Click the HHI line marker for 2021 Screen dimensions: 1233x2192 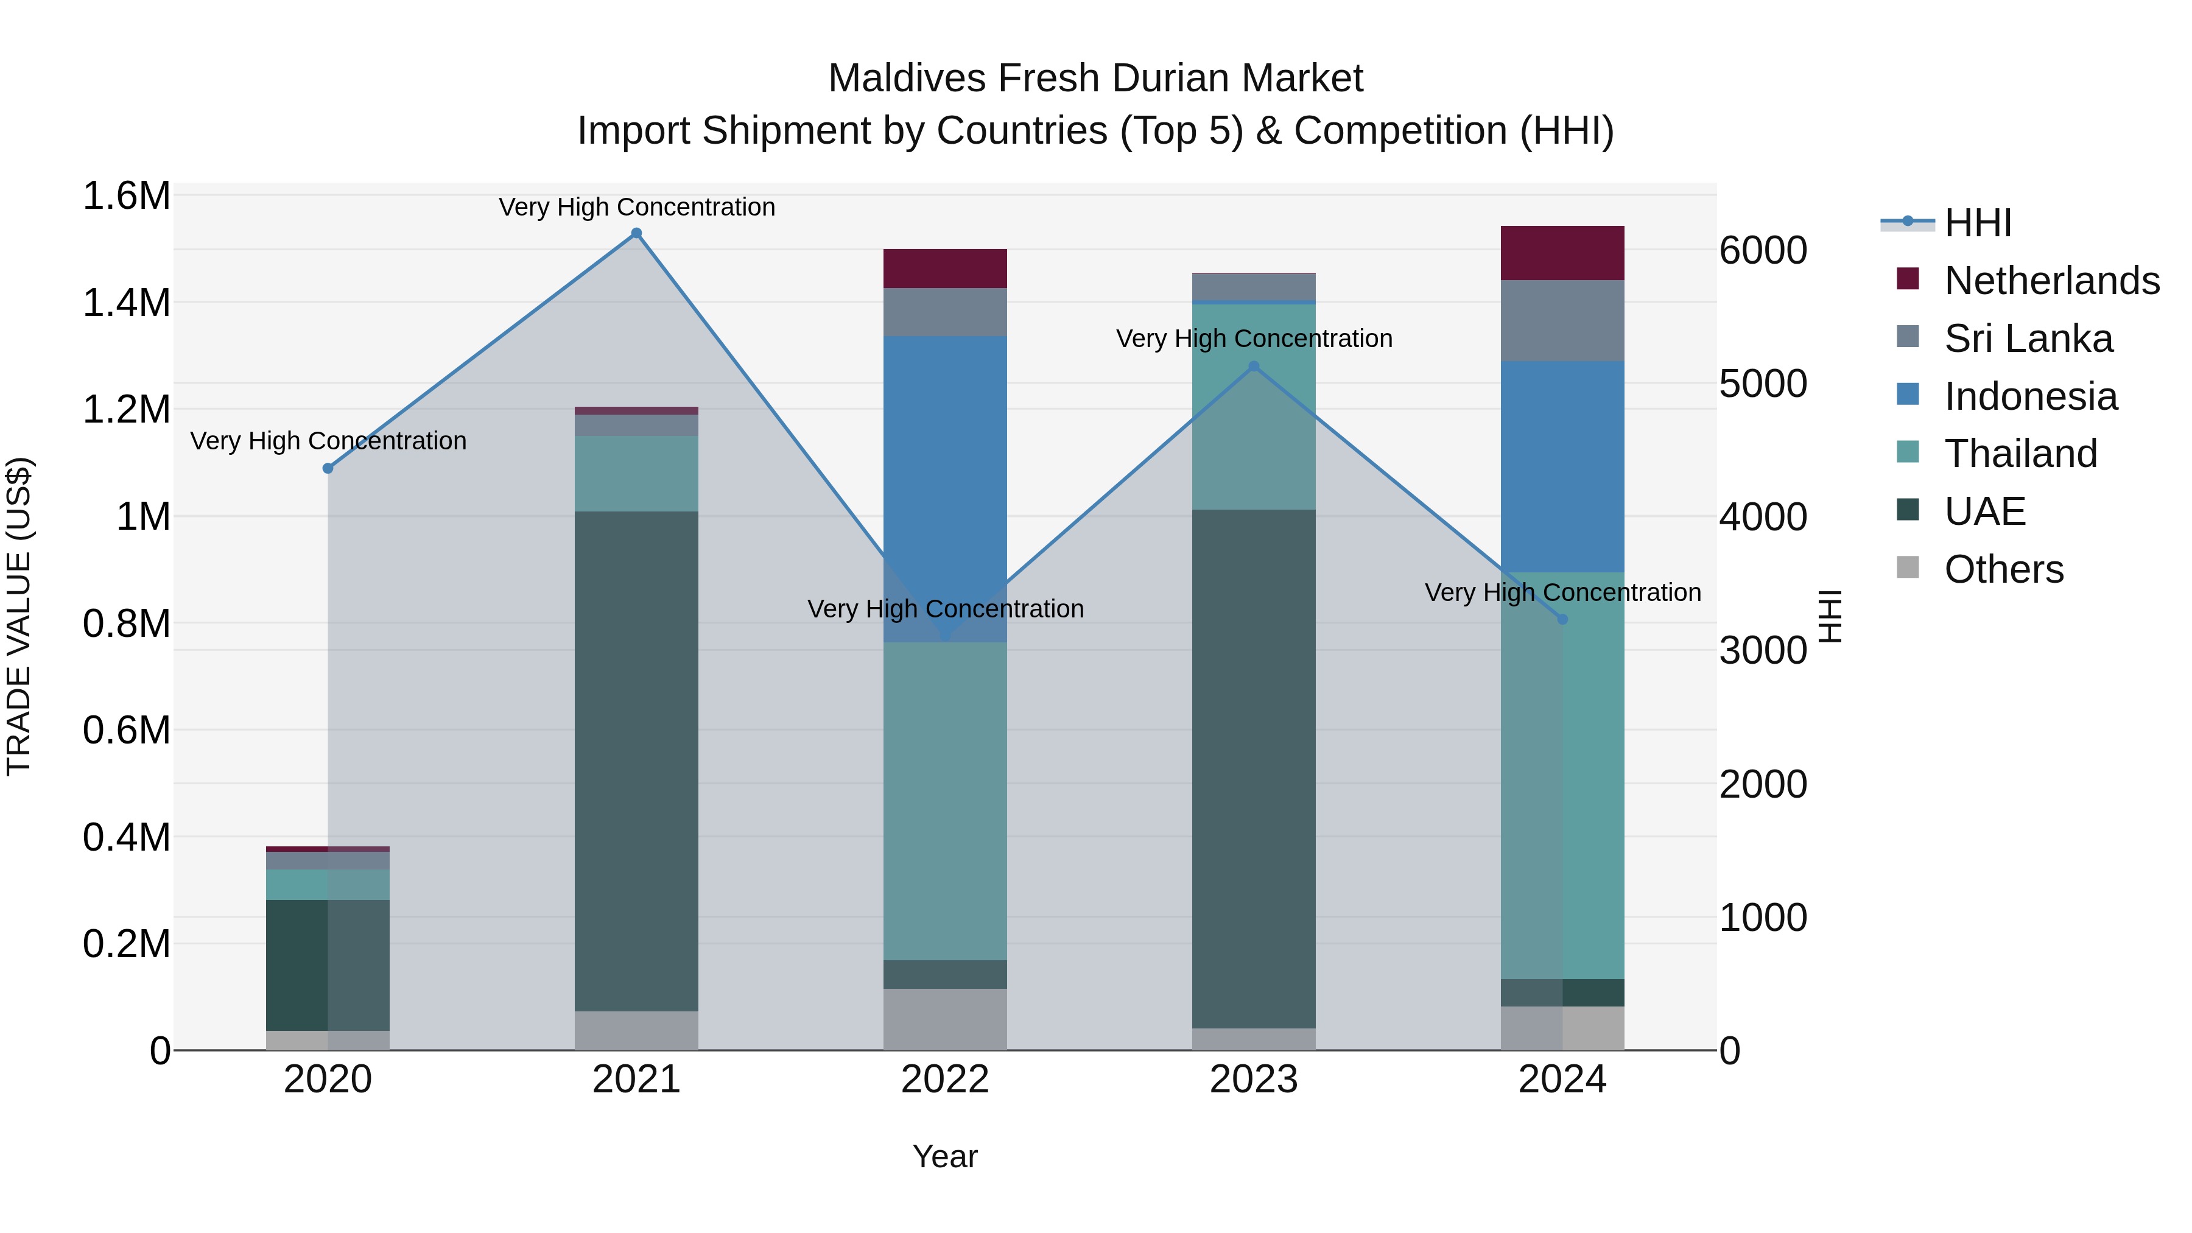636,233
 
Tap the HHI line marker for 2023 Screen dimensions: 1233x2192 1254,367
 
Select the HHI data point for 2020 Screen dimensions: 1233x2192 328,468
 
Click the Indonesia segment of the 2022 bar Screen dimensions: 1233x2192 944,490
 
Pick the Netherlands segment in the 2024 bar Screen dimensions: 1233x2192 1562,253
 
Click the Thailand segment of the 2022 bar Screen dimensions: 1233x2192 944,801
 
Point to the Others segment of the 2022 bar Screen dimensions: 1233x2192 944,1019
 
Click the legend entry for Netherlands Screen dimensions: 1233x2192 2051,281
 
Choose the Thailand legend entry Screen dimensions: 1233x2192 2020,454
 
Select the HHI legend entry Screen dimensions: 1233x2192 1978,223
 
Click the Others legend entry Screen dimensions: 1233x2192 2003,569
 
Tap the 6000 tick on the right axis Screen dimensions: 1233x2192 1762,250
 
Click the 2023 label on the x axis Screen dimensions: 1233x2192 1254,1080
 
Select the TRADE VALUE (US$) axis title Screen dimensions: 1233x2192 19,616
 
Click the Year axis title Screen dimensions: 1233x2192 944,1156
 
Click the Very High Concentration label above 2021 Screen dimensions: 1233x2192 636,207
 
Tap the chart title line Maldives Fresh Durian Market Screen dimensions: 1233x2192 1095,79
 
